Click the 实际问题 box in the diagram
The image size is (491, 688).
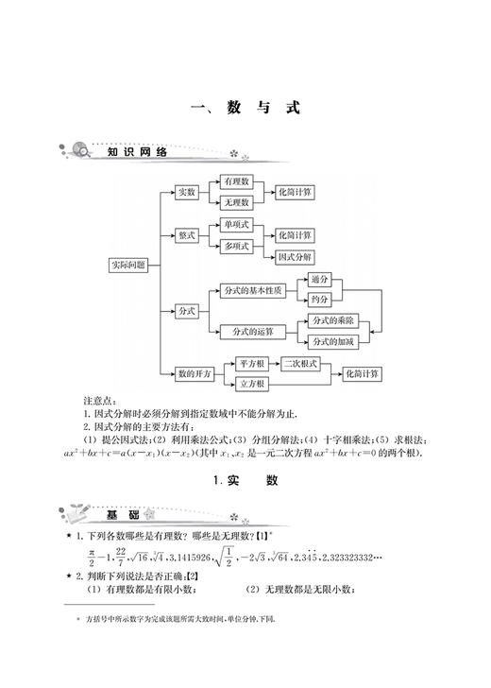(130, 266)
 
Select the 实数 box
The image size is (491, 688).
(186, 192)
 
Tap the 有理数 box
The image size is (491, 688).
(235, 181)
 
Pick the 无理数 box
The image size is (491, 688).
(235, 202)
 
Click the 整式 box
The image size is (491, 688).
(186, 235)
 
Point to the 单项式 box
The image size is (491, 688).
(235, 225)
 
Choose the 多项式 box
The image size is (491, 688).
(235, 247)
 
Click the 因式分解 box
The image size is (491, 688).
(296, 257)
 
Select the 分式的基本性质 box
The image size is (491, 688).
(252, 289)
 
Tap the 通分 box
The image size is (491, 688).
(320, 279)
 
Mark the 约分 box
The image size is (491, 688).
(320, 300)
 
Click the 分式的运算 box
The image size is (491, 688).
(252, 331)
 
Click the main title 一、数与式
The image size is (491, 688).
(245, 108)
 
